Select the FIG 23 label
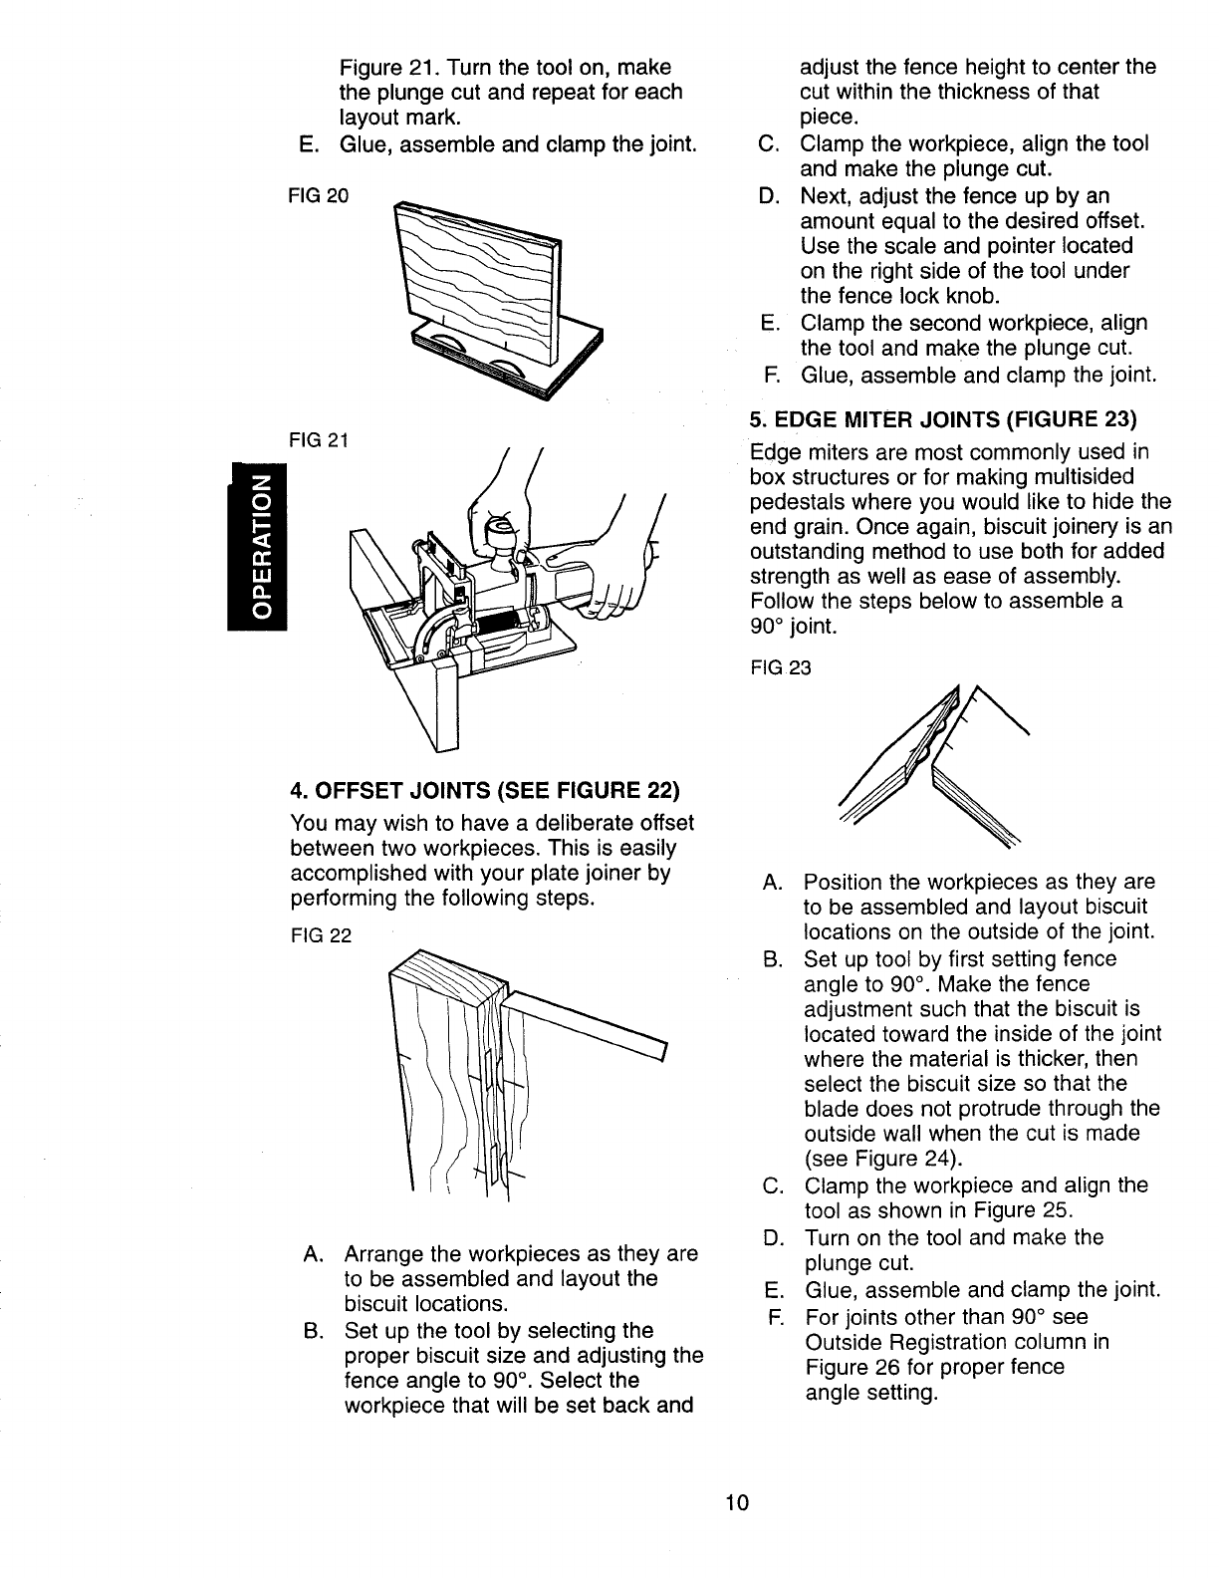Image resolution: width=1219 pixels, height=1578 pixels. [781, 668]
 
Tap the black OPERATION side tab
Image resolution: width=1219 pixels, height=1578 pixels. [258, 547]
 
